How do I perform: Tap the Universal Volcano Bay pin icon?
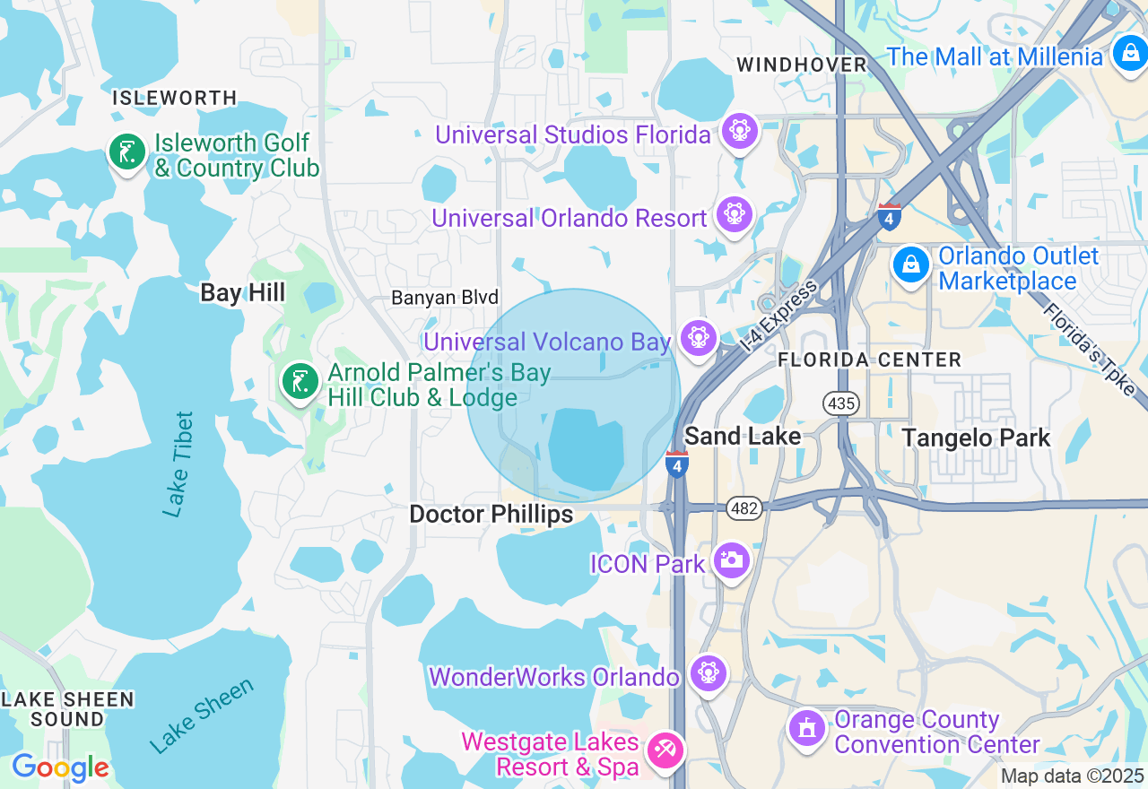tap(698, 338)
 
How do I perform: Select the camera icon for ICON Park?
tap(731, 560)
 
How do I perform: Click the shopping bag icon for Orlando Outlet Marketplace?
tap(911, 265)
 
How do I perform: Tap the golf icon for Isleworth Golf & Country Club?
tap(127, 152)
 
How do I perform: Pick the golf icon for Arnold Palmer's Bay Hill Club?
tap(300, 382)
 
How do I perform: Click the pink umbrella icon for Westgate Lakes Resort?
tap(665, 750)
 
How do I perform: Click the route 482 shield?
tap(744, 508)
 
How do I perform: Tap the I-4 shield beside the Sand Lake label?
tap(677, 464)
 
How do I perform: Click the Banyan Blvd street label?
tap(445, 298)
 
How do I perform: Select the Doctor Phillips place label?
tap(491, 514)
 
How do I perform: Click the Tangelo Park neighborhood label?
tap(976, 438)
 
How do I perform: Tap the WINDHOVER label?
tap(802, 65)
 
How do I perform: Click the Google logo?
tap(60, 767)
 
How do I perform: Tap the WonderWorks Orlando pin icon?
tap(708, 672)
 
